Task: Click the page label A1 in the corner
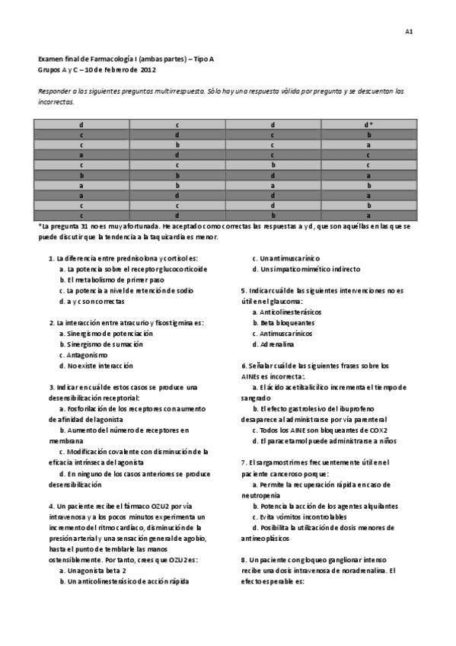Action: [x=409, y=31]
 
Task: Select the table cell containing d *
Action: [x=368, y=124]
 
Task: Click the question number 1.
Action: [x=50, y=258]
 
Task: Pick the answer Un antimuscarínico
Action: [x=292, y=258]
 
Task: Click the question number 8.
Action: [x=243, y=560]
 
